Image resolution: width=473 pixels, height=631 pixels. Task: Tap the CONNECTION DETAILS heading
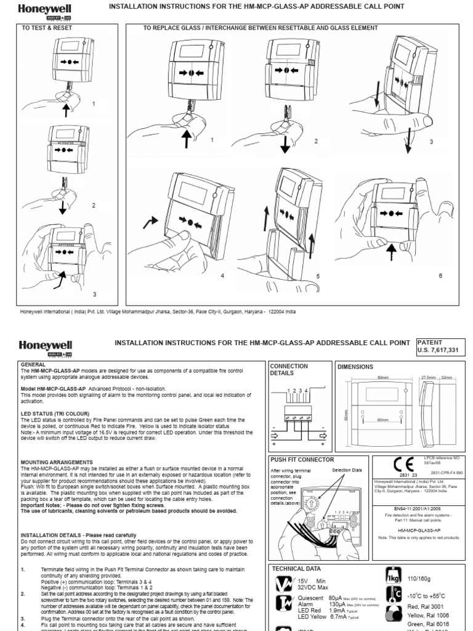(289, 369)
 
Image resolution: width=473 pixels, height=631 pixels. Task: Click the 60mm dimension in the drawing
(384, 419)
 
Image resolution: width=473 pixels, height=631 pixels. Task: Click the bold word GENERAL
(34, 365)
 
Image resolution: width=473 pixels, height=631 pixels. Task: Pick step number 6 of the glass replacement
(440, 275)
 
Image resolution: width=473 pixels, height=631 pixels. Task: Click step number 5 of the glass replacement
(318, 277)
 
